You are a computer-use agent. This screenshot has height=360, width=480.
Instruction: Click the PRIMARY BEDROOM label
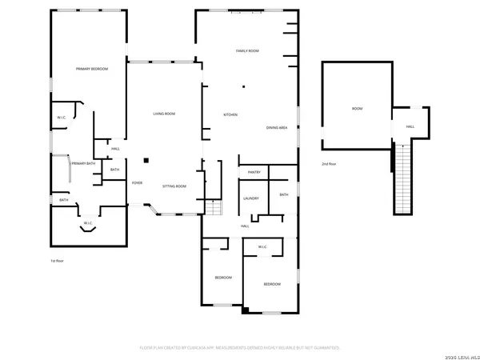(x=92, y=70)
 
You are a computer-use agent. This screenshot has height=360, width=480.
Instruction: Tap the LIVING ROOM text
(x=164, y=114)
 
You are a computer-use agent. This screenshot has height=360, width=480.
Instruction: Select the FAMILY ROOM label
(x=247, y=51)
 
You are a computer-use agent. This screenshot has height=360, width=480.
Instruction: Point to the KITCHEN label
(x=230, y=115)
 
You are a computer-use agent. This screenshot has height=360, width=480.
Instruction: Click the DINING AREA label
(x=277, y=128)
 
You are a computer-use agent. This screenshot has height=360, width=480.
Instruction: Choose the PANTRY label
(x=254, y=172)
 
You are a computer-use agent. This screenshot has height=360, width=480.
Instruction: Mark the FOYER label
(x=138, y=183)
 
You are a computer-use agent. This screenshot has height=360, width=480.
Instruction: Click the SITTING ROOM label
(x=174, y=186)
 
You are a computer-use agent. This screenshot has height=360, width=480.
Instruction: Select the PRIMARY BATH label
(x=83, y=164)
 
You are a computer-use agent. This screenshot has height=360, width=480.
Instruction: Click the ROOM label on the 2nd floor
(x=357, y=109)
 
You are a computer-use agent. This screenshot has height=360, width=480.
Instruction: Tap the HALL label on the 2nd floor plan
(x=410, y=126)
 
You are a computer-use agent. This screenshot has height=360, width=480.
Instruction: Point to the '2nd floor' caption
(x=328, y=164)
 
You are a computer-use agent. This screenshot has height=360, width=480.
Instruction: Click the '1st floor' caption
(x=58, y=261)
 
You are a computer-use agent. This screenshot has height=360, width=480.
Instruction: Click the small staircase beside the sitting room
(x=213, y=208)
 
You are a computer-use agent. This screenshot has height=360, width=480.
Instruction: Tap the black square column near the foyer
(x=146, y=158)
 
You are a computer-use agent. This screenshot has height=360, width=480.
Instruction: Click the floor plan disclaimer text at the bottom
(x=240, y=348)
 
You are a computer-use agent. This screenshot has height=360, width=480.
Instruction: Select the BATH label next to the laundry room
(x=284, y=195)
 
